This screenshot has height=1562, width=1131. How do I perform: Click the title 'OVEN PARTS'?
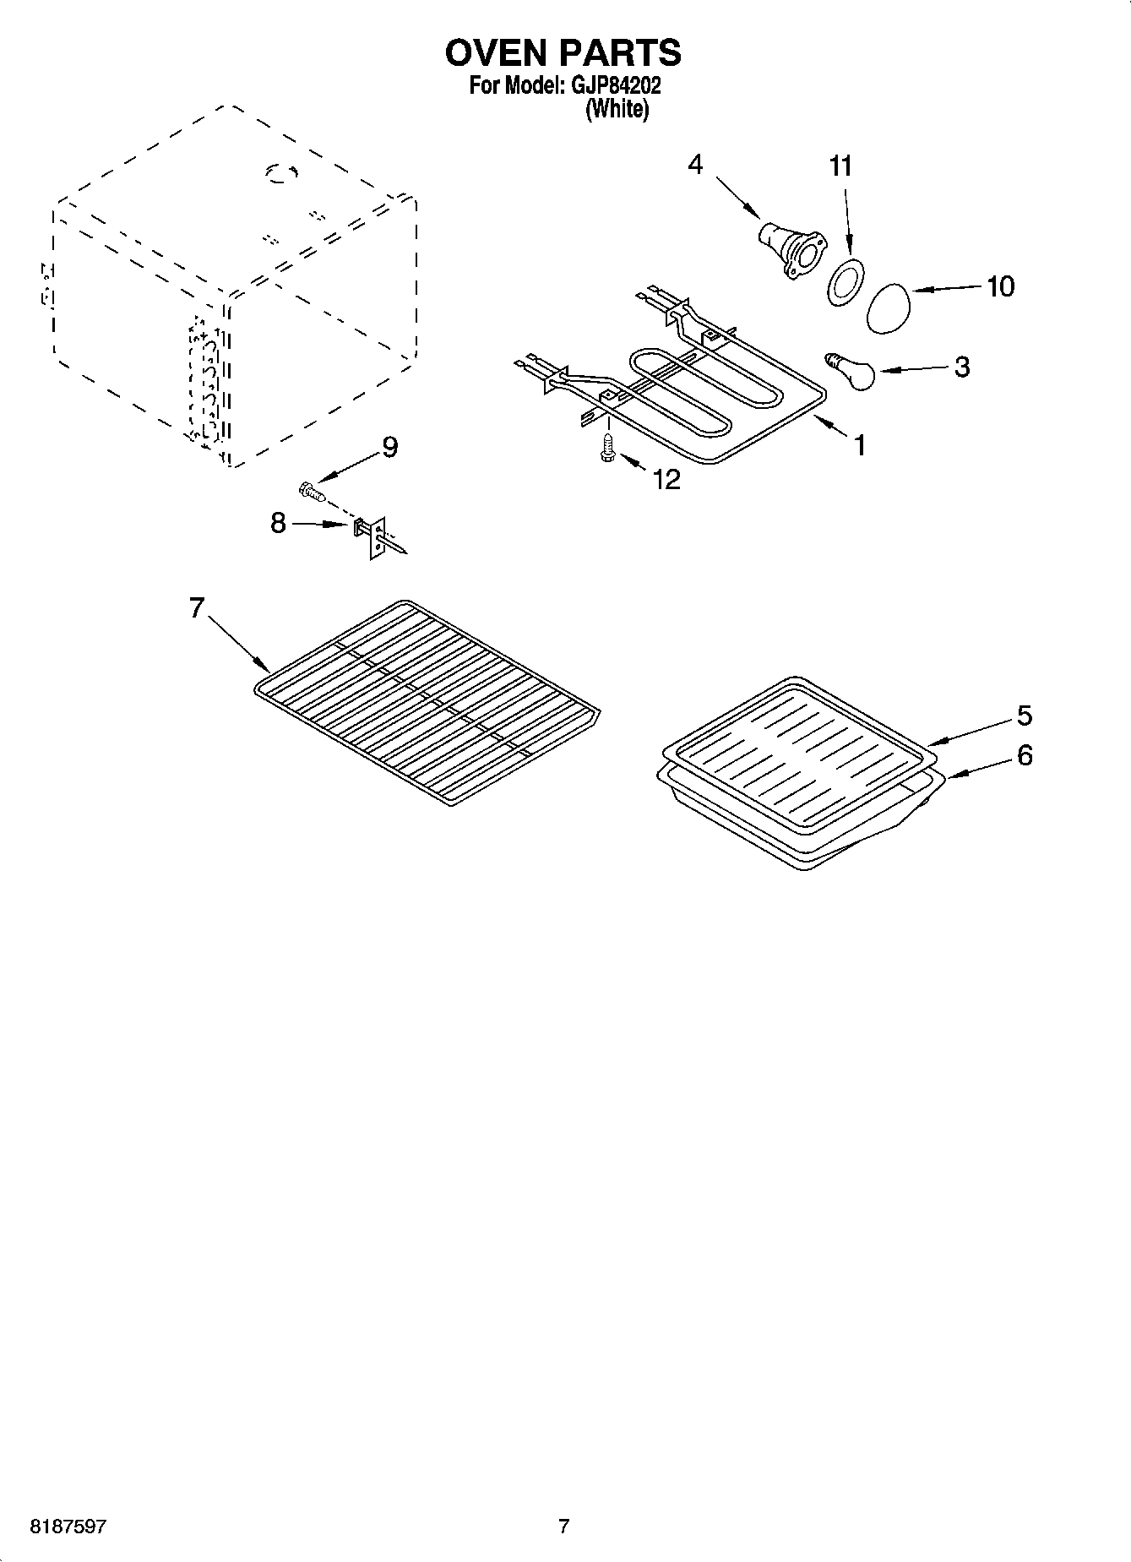(563, 52)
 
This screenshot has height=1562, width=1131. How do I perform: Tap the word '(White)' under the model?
(617, 109)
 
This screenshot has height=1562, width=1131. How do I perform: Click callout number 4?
(694, 164)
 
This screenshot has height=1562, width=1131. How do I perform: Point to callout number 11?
(840, 166)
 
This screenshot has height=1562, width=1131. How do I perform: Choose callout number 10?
(1000, 286)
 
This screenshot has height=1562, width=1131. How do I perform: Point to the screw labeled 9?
(312, 489)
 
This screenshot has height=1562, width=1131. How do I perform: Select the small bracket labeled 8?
(372, 536)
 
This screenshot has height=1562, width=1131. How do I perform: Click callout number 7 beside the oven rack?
(196, 607)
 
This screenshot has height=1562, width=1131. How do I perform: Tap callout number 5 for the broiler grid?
(1024, 716)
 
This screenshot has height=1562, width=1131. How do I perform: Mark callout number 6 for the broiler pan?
(1024, 754)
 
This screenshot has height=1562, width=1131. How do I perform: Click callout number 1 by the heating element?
(860, 444)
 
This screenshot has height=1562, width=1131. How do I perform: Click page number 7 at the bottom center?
(563, 1527)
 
